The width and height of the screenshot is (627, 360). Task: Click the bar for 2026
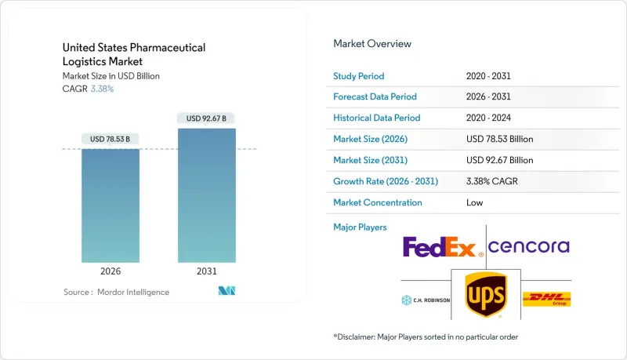click(111, 205)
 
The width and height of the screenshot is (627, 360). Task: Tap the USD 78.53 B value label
click(111, 140)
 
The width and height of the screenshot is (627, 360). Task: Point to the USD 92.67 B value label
click(207, 118)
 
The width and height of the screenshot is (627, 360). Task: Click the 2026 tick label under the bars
click(111, 272)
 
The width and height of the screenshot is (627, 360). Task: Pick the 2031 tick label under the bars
click(207, 272)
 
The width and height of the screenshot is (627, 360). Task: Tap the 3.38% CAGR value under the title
click(102, 89)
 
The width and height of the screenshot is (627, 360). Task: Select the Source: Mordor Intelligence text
click(116, 292)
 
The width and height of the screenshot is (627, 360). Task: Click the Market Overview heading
click(372, 44)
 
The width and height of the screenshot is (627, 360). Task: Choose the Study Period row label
click(358, 75)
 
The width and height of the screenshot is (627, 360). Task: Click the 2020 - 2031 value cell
click(491, 75)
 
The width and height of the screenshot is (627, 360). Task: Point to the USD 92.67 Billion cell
click(499, 160)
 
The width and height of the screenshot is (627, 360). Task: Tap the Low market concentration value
click(474, 202)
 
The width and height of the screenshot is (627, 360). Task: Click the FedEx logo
click(440, 248)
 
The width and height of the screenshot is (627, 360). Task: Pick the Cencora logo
click(529, 247)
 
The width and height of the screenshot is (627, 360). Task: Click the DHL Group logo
click(546, 299)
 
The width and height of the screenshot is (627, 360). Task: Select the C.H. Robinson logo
click(426, 300)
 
